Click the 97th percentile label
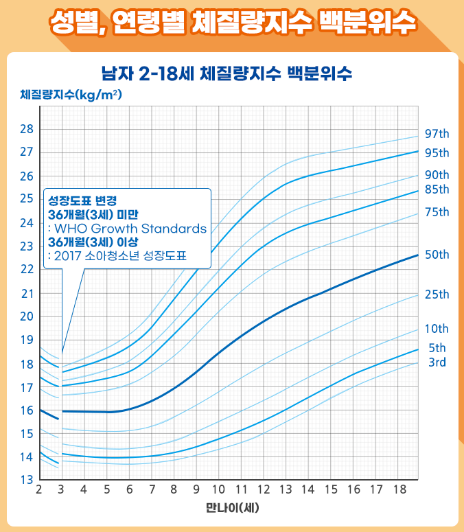[437, 133]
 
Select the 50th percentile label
[437, 255]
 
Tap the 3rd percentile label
[437, 362]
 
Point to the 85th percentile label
[437, 189]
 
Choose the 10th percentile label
[437, 329]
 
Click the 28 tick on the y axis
[26, 129]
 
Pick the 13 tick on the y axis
[26, 480]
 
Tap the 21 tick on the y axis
[26, 293]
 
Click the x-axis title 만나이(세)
[232, 509]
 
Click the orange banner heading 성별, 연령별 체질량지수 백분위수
[232, 23]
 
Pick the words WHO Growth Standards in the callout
[130, 229]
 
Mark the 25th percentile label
[437, 294]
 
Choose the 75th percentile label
[437, 212]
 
